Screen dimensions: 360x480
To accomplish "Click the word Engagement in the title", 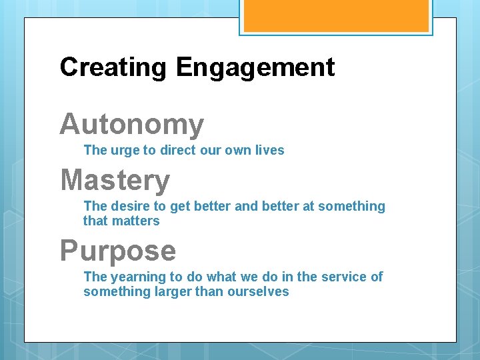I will [x=255, y=67].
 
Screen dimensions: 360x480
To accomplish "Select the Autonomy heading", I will [x=131, y=125].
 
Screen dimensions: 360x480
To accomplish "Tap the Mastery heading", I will [x=115, y=181].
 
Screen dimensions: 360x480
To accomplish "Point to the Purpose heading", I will [x=118, y=251].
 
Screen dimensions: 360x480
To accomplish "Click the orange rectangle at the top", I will [x=335, y=15].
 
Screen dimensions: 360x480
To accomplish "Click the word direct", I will [x=173, y=150].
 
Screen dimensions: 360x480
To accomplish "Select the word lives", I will [x=269, y=150].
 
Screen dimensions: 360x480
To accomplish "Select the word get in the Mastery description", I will [x=180, y=207].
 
